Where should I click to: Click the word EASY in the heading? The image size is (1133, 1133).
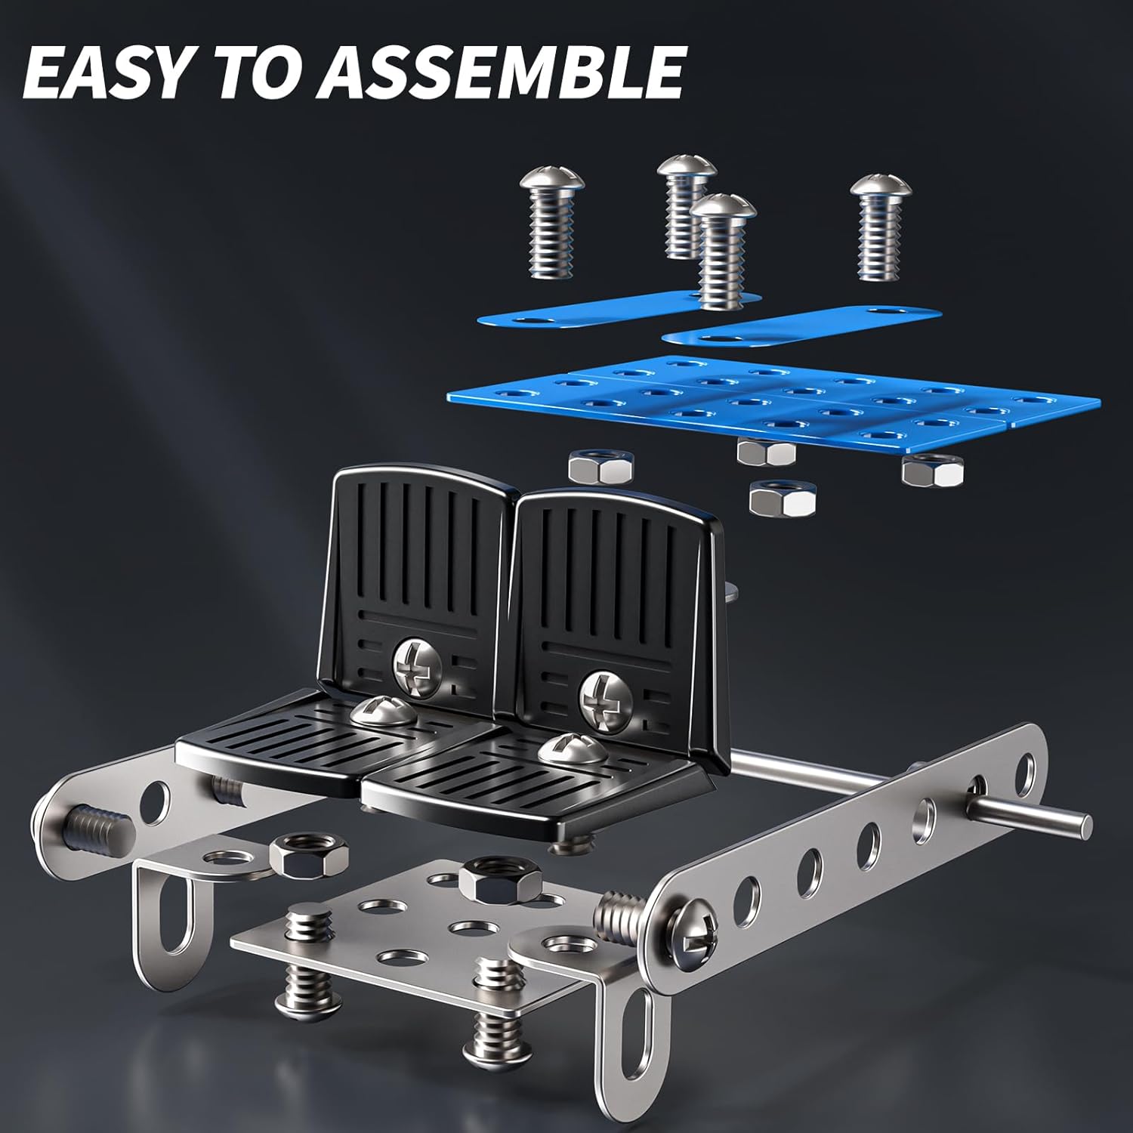[104, 73]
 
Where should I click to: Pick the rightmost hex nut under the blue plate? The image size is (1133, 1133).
[933, 469]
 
